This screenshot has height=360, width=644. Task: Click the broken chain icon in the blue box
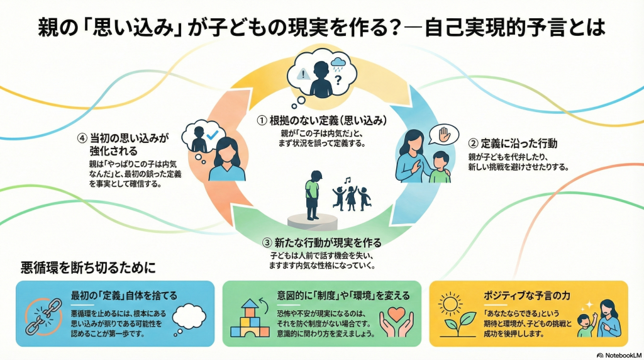click(x=42, y=313)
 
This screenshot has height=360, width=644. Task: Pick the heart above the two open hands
click(x=396, y=313)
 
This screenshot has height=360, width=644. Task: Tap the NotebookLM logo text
click(x=619, y=354)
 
